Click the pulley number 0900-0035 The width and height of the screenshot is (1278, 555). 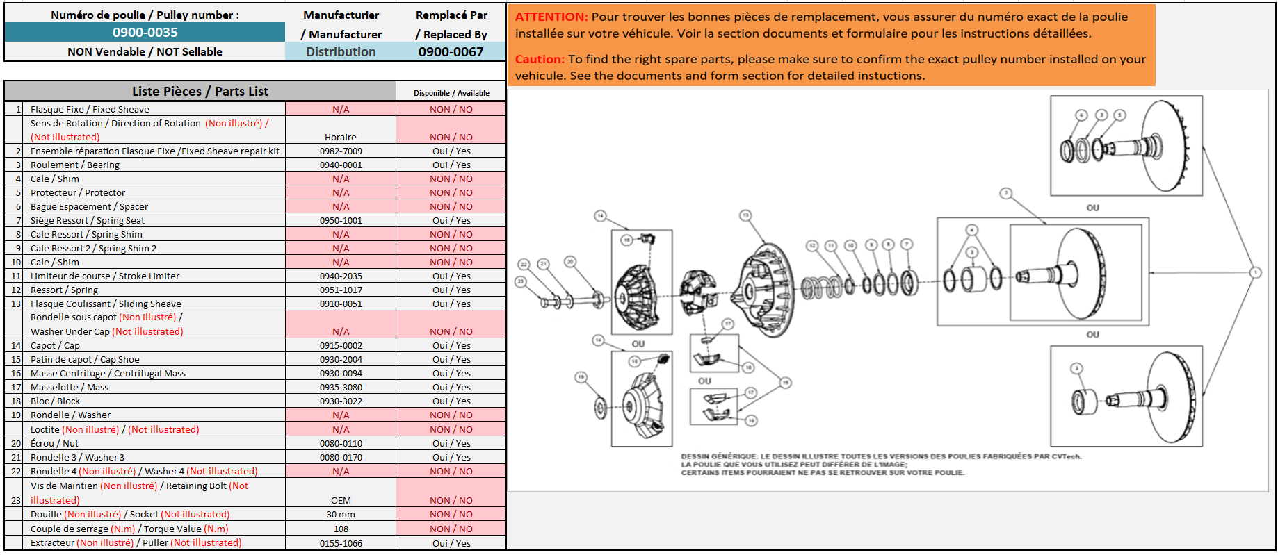click(x=145, y=33)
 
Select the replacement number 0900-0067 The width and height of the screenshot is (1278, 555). click(x=451, y=51)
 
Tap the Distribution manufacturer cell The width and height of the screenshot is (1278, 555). click(x=341, y=51)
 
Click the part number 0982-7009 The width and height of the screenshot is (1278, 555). click(x=341, y=151)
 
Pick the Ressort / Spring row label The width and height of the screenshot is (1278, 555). click(x=64, y=290)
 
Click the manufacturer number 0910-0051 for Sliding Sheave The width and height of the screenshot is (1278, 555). click(x=341, y=304)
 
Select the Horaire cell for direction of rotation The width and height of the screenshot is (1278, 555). click(x=341, y=137)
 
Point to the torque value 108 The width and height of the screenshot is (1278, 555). click(x=341, y=529)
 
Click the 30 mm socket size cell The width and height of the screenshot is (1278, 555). click(x=341, y=514)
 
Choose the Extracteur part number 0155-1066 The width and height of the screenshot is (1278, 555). click(x=341, y=543)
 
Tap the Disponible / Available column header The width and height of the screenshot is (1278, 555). click(x=451, y=93)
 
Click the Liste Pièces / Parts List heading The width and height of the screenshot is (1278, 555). click(x=200, y=91)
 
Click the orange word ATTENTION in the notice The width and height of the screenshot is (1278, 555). click(x=551, y=17)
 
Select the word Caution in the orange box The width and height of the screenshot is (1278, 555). click(x=540, y=59)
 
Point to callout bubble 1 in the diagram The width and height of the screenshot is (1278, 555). click(x=1255, y=272)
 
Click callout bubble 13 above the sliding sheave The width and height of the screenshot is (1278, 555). click(x=745, y=215)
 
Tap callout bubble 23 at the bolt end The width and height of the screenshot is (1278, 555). click(x=521, y=281)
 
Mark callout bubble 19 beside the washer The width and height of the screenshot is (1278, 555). click(x=581, y=377)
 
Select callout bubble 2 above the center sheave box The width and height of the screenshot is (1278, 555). click(x=1005, y=193)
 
